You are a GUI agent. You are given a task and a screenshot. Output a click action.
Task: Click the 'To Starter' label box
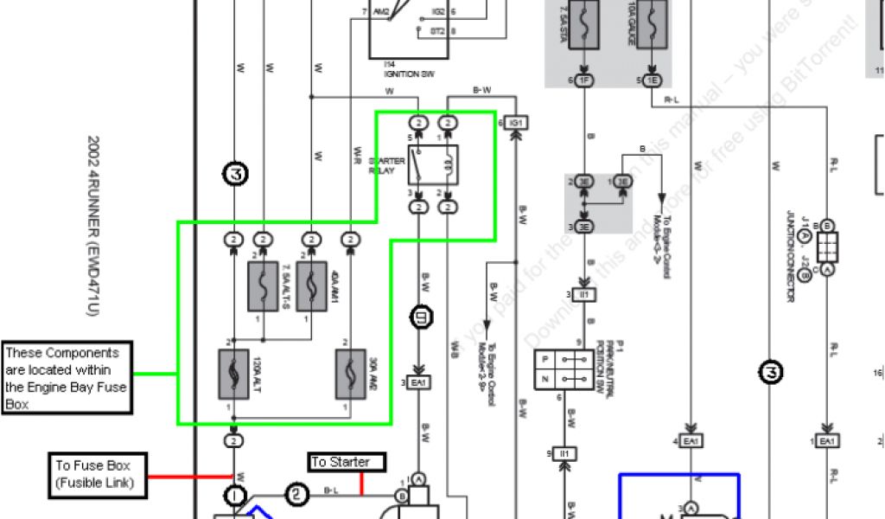pos(346,462)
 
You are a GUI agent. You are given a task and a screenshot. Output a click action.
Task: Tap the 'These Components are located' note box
pos(67,377)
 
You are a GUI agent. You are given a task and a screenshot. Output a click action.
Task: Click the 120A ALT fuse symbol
pos(233,374)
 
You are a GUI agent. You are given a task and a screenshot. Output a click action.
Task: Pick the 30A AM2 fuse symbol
pos(350,374)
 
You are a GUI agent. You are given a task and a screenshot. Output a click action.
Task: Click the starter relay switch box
pos(432,164)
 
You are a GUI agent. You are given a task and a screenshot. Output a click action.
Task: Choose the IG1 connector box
pos(517,123)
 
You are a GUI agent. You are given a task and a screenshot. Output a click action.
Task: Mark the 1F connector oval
pos(585,80)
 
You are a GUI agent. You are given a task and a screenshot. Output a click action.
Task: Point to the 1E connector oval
pos(651,80)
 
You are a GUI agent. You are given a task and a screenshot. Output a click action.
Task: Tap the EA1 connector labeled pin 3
pos(419,381)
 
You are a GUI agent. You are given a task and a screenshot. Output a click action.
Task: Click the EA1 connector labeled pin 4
pos(691,442)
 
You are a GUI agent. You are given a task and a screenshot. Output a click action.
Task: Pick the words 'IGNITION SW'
pos(410,74)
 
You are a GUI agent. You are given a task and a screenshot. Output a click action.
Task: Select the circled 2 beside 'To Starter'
pos(296,495)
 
